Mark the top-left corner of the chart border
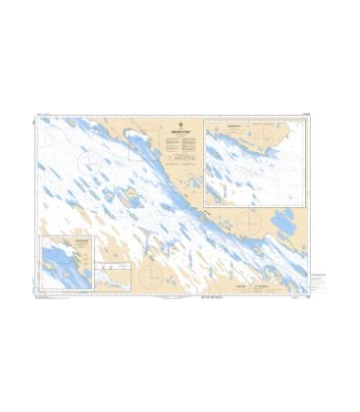pos(32,114)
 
